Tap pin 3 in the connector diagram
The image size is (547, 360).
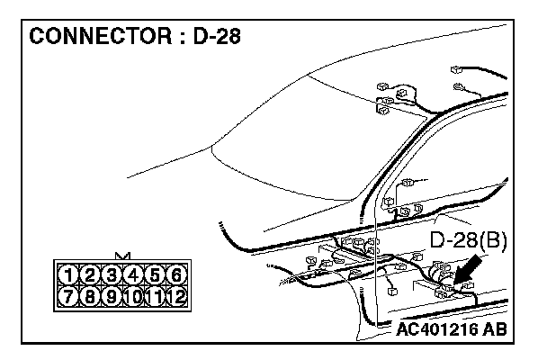click(x=112, y=275)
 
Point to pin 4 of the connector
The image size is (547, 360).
click(x=133, y=275)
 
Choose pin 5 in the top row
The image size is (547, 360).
click(x=155, y=275)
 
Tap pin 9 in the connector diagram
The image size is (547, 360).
click(x=112, y=295)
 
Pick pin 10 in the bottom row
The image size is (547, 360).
click(x=133, y=295)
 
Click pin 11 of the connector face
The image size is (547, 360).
click(x=155, y=295)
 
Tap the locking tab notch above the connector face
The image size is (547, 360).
click(x=122, y=256)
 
